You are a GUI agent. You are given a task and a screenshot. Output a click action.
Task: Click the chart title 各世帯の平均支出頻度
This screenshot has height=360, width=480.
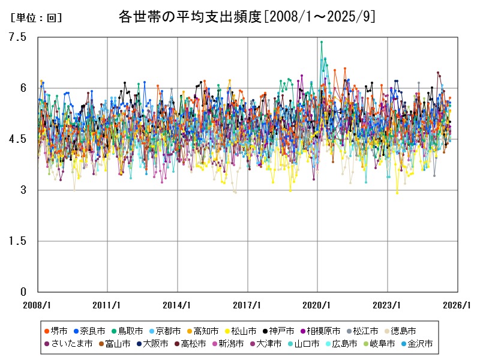(247, 17)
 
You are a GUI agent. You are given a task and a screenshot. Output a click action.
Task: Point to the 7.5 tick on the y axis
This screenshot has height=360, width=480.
(19, 37)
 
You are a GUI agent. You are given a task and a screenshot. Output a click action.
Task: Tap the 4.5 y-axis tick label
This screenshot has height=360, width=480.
(19, 139)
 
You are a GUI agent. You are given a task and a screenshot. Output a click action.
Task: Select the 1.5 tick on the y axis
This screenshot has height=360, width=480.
(19, 241)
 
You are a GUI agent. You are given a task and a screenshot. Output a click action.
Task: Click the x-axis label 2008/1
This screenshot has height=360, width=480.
(38, 305)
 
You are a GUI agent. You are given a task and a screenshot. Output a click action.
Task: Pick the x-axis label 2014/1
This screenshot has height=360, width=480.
(178, 305)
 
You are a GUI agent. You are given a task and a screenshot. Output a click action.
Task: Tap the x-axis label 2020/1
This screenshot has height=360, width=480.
(317, 305)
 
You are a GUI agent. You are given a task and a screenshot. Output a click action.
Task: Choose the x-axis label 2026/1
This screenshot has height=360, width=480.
(457, 305)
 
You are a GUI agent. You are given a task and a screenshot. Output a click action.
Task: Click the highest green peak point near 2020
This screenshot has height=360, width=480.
(322, 42)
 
